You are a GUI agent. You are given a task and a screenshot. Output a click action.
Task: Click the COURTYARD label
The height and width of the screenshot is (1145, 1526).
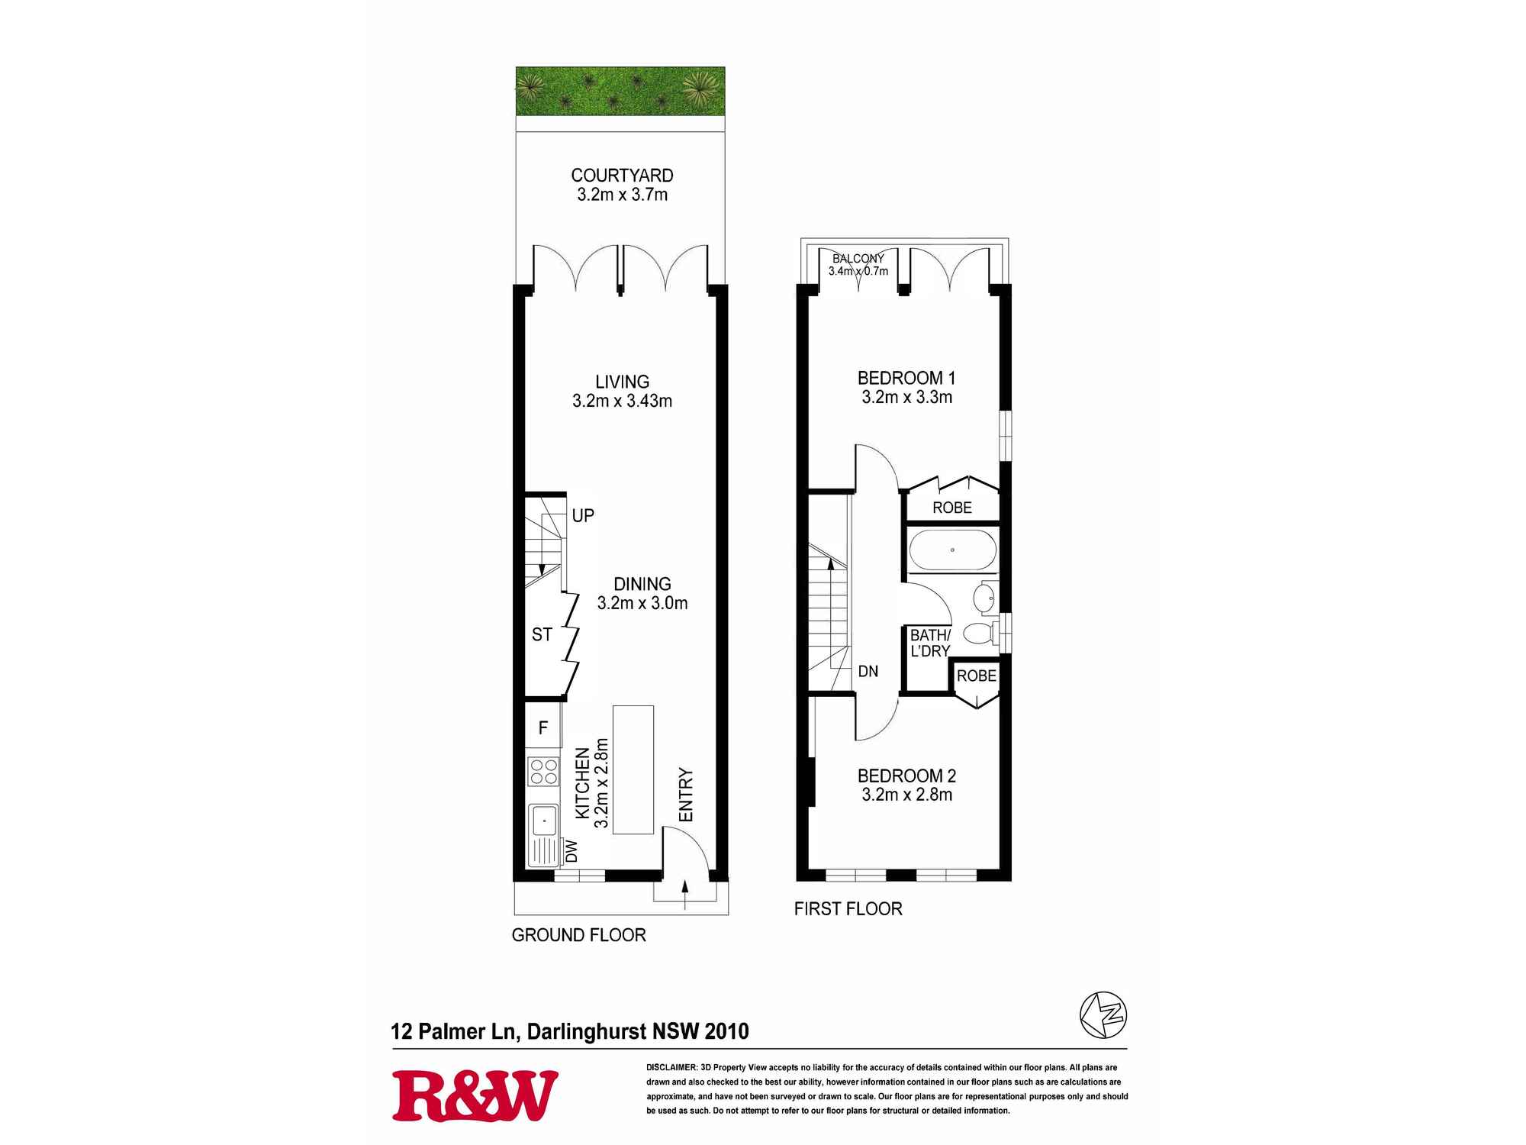(622, 176)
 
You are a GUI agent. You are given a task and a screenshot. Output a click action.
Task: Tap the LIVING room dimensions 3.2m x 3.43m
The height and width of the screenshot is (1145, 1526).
(622, 402)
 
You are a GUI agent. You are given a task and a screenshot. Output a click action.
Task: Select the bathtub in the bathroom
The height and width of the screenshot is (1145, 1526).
(951, 550)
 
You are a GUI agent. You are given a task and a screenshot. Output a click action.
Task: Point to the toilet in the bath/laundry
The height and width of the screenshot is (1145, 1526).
(979, 632)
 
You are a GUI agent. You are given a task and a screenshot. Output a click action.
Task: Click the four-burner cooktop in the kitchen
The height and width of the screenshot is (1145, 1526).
(542, 771)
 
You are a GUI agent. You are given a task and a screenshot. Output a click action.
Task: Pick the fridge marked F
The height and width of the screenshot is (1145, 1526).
(542, 727)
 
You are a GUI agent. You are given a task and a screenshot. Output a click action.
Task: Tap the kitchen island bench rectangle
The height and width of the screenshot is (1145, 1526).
(633, 769)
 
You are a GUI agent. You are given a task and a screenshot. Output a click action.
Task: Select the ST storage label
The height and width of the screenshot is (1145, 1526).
(542, 634)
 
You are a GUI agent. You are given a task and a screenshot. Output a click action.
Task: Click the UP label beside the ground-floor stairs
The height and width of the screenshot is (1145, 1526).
(583, 516)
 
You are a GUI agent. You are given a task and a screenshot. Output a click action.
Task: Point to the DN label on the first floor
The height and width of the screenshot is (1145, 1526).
(868, 672)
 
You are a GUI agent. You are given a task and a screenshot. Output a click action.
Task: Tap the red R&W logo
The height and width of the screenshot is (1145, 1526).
(475, 1095)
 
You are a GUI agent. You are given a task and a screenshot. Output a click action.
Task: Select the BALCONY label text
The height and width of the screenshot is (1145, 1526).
(858, 259)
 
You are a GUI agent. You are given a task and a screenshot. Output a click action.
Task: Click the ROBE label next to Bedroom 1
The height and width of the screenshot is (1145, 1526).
(952, 508)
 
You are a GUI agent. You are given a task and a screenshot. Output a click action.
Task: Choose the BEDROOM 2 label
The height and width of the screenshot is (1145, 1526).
(906, 776)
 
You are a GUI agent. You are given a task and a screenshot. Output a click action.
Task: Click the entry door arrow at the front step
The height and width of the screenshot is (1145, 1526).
(684, 894)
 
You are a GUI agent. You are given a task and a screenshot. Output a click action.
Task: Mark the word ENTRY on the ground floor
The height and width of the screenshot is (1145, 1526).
(686, 795)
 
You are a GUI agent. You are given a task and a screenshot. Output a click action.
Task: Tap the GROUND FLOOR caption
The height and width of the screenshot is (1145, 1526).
(578, 935)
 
